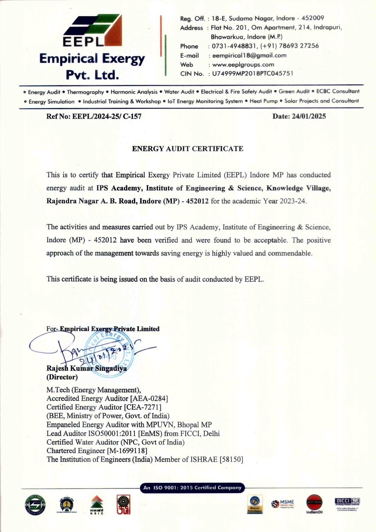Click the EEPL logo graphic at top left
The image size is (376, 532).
point(93,30)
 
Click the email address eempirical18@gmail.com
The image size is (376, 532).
point(249,55)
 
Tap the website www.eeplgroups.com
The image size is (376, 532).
point(243,64)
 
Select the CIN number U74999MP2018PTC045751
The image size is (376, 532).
point(253,74)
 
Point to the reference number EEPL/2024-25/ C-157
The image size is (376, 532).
point(107,116)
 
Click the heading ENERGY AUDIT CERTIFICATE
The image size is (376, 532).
point(188,149)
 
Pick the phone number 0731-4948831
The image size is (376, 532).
point(234,46)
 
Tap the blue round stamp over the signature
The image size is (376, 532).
point(109,354)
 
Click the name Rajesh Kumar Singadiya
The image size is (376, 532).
point(87,368)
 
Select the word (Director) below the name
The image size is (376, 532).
point(62,377)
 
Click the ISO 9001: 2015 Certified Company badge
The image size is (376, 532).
point(192,488)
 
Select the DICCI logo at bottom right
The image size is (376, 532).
point(347,504)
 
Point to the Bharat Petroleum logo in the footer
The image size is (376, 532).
point(255,505)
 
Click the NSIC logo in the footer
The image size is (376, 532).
point(97,505)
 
